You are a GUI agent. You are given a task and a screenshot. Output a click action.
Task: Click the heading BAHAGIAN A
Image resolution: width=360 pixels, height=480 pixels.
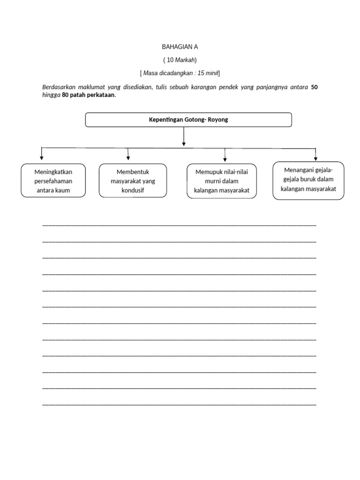click(x=180, y=47)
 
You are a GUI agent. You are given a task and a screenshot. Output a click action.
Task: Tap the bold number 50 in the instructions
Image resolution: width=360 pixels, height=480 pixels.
click(x=315, y=87)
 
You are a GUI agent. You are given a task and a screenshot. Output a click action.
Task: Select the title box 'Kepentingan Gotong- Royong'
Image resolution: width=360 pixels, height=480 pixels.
click(x=188, y=120)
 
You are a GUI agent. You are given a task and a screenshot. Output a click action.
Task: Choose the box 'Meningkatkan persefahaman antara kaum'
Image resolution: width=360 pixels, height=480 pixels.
click(x=53, y=180)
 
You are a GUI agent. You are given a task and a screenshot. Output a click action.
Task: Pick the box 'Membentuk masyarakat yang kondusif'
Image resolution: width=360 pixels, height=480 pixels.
click(x=133, y=180)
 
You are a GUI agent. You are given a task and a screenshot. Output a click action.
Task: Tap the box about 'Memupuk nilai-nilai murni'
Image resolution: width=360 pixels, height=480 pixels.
click(x=222, y=181)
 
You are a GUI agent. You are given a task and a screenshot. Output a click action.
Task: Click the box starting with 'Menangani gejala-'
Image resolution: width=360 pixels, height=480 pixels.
click(x=308, y=180)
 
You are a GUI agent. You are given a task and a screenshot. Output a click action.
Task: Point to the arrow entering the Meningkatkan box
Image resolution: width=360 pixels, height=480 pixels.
click(x=42, y=155)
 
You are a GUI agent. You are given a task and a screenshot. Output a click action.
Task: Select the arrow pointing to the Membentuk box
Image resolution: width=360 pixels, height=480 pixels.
click(x=128, y=155)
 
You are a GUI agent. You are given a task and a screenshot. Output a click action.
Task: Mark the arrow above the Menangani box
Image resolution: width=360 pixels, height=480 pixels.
click(x=315, y=155)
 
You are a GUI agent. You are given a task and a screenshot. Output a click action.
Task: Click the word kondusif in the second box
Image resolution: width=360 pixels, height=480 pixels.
click(x=133, y=190)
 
